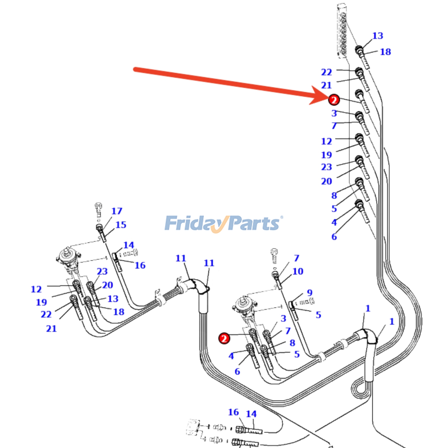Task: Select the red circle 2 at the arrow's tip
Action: (x=334, y=100)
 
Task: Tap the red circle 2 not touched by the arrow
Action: (x=224, y=338)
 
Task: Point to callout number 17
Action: (x=117, y=211)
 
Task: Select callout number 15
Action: (x=121, y=225)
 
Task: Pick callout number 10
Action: (x=298, y=271)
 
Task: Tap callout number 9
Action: (x=309, y=293)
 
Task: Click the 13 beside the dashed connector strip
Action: (x=377, y=36)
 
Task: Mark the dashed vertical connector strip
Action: (x=342, y=31)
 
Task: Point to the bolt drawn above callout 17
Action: (x=98, y=211)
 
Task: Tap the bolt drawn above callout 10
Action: (x=274, y=256)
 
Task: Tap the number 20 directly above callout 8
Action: (x=326, y=181)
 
